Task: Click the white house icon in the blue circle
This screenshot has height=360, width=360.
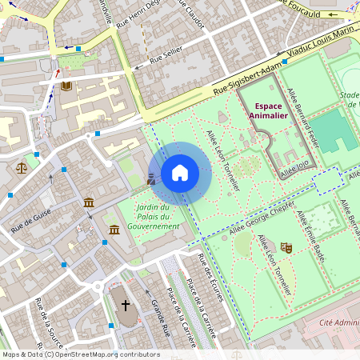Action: (180, 173)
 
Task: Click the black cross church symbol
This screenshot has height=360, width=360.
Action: (124, 305)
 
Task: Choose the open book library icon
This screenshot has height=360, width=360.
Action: (66, 85)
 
